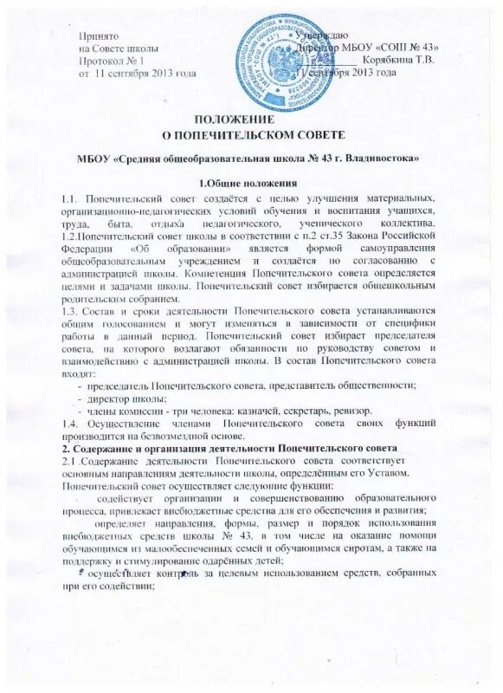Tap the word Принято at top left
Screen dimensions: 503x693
click(x=98, y=35)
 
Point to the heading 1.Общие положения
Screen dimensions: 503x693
click(x=249, y=183)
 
